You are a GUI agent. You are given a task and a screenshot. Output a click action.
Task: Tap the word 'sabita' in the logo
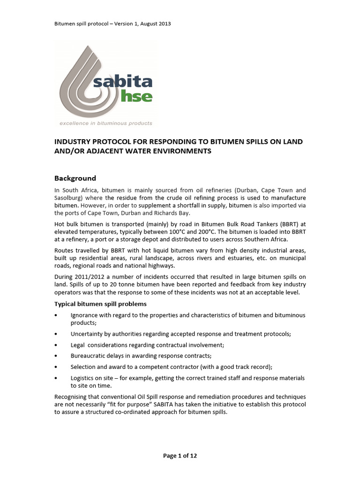point(123,82)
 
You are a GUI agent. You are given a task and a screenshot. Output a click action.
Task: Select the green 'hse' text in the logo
point(136,97)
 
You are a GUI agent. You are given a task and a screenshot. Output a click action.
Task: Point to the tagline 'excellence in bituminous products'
point(105,123)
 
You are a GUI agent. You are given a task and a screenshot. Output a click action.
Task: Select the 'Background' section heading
point(75,178)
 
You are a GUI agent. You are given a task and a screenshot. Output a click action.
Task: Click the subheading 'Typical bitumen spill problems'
point(101,304)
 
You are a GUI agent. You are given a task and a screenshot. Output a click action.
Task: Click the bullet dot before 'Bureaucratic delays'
point(56,356)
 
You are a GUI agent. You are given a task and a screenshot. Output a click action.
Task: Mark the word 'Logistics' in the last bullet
point(83,378)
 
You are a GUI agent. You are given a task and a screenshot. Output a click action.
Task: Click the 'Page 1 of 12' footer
point(180,455)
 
